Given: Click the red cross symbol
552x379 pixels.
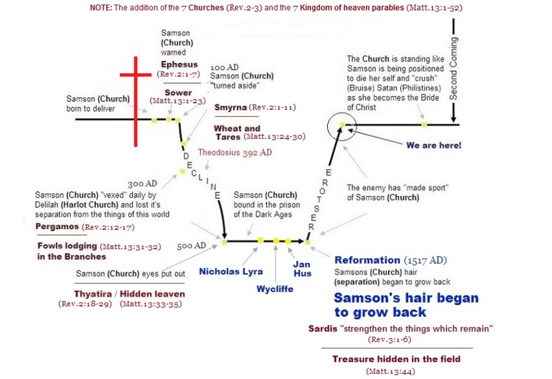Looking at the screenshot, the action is tap(135, 101).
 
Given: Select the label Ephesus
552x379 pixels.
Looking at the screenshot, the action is tap(179, 65).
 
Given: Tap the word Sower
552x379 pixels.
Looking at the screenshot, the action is tap(179, 92).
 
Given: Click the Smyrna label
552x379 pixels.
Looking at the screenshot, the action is tap(231, 107).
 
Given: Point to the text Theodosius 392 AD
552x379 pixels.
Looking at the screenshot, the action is tap(235, 152).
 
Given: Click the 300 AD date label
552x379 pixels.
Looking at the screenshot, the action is tap(142, 184).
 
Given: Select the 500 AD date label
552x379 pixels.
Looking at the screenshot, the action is tap(191, 246).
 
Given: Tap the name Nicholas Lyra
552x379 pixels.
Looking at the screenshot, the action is tap(231, 272).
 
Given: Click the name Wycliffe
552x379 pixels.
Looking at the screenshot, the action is tap(275, 289).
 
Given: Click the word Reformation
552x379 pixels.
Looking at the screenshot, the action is tap(367, 260).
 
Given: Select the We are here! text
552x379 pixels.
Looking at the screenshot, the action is tap(433, 145).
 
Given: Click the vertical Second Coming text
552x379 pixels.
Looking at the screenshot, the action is tap(453, 69).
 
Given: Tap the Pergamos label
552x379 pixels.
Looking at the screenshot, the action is tap(57, 227).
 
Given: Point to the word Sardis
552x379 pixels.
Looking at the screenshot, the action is tap(323, 329).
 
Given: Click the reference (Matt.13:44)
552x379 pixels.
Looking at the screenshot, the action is tap(390, 371).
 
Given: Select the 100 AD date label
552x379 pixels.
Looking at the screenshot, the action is tap(224, 67).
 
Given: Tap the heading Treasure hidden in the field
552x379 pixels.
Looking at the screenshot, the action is tap(396, 359).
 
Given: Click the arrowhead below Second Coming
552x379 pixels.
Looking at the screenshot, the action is tap(453, 119).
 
